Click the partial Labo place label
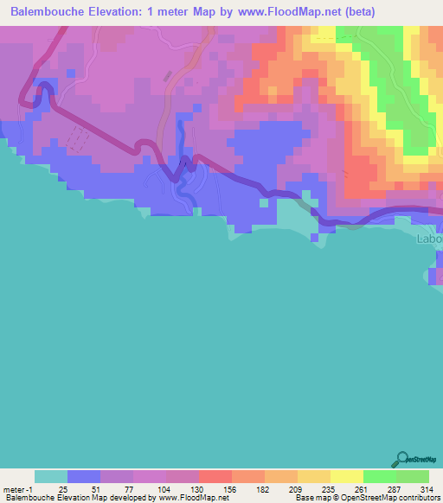429,239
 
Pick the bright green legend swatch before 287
380,476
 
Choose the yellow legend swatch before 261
347,476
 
